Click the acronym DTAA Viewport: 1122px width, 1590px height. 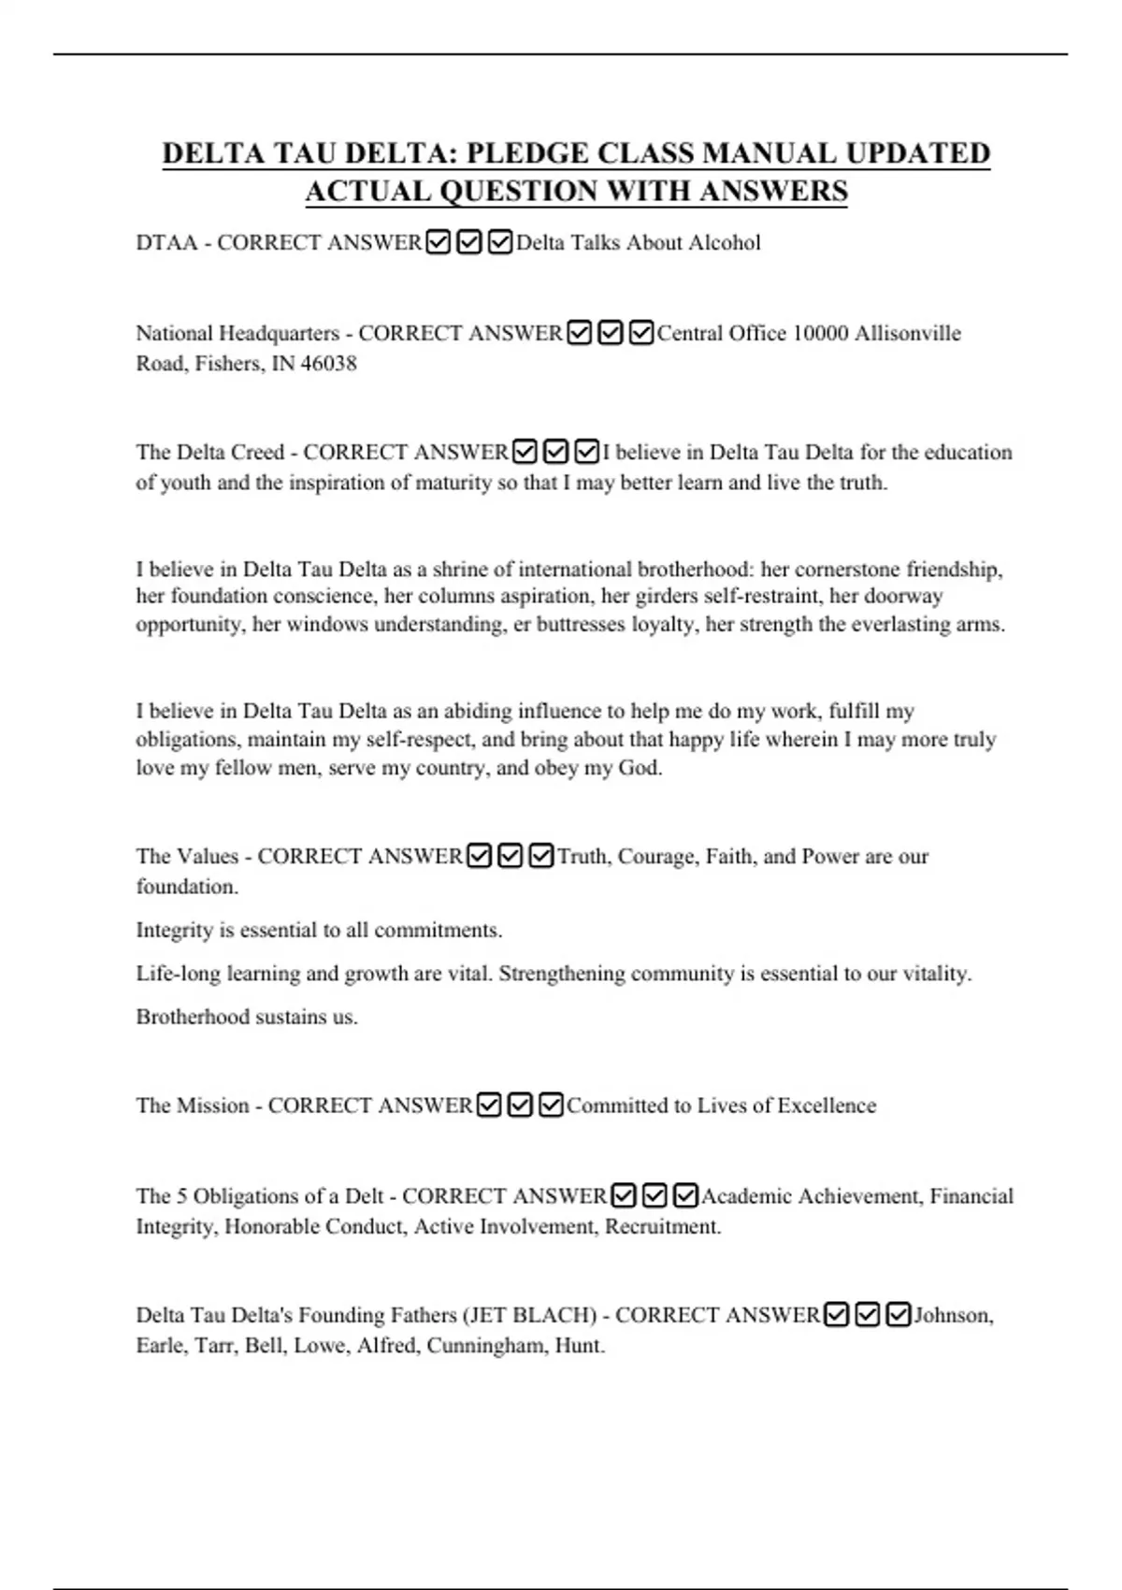[x=167, y=243]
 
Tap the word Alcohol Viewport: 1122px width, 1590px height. [x=725, y=243]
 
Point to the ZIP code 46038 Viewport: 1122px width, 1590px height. [x=328, y=364]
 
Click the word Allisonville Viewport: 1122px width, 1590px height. [x=907, y=334]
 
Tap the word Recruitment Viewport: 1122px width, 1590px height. [x=662, y=1226]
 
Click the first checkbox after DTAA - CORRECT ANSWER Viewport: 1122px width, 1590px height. [x=438, y=243]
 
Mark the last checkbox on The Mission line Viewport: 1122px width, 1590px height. [x=552, y=1106]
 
